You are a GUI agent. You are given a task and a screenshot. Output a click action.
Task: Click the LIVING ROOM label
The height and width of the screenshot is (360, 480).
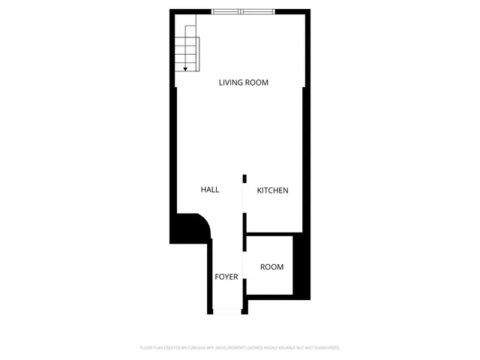coord(243,82)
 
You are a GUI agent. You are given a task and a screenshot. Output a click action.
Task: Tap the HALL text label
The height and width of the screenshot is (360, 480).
coord(210,190)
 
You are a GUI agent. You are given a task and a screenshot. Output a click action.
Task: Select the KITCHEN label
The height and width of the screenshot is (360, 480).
coord(272,190)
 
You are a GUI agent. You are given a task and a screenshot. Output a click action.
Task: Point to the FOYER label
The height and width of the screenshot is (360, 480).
coord(226,277)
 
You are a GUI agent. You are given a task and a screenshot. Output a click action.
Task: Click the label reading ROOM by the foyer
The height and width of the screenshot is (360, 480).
coord(271,267)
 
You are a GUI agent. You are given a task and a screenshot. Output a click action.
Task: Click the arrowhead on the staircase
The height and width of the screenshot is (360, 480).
coord(185,68)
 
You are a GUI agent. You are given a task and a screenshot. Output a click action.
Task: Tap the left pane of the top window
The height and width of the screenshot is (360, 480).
coord(226,11)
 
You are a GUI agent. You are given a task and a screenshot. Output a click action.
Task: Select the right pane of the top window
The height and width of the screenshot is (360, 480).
coord(256,11)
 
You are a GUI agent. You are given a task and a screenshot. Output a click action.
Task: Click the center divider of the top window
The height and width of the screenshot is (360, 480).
coord(241,11)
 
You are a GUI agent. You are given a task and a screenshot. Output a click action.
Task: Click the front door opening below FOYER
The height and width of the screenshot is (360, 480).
coord(226,311)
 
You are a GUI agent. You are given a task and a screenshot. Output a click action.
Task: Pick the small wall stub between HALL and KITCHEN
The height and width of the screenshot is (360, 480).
coord(244,178)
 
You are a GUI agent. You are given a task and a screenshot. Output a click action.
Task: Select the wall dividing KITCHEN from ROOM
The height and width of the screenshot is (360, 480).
coord(270,235)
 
